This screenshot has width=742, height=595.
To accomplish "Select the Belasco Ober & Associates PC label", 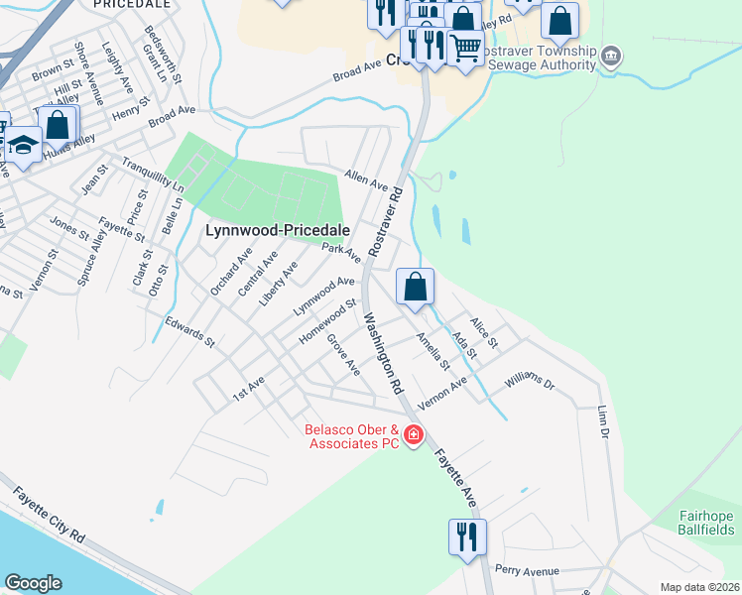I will (350, 437).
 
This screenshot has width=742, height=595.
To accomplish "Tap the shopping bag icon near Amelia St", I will (415, 287).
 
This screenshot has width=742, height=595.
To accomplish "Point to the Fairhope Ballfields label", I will (706, 522).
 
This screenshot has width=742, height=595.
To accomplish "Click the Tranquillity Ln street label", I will (153, 174).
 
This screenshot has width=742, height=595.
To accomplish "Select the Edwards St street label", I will (189, 332).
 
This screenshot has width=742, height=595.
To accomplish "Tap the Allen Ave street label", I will (365, 178).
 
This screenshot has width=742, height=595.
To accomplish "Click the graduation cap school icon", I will (21, 146).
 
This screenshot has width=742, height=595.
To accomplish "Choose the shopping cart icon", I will (465, 47).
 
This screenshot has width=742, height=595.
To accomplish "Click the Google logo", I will (33, 583).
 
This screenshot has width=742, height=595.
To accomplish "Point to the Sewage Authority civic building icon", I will (612, 55).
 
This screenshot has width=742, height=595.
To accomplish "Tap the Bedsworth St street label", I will (164, 56).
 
